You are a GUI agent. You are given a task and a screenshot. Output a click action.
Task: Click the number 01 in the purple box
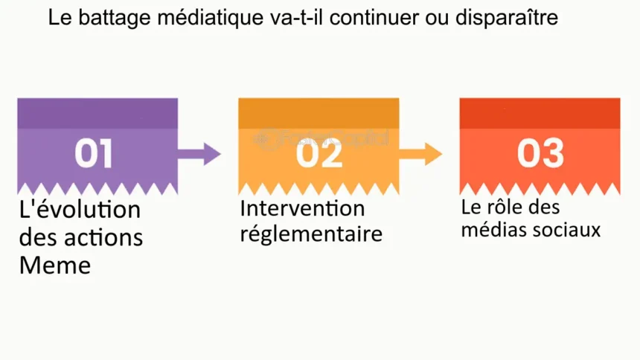click(94, 153)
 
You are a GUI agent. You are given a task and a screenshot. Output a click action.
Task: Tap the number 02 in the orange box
click(319, 153)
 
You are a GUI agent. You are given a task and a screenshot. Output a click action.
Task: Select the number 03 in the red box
click(540, 153)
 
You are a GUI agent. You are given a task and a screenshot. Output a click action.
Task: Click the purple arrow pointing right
click(199, 154)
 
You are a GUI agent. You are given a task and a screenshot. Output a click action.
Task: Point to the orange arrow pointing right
click(420, 154)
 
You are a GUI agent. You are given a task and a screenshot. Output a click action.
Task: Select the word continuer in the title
click(374, 18)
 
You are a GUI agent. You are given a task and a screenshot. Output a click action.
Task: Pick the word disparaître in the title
click(507, 18)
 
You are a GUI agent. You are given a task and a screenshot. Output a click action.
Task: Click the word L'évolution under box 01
click(80, 210)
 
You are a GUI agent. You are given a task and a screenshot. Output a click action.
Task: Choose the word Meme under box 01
click(55, 266)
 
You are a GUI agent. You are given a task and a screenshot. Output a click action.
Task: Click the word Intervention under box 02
click(302, 208)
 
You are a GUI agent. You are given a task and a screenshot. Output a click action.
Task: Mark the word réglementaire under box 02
click(311, 234)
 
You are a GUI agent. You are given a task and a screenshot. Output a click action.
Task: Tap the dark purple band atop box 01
click(97, 114)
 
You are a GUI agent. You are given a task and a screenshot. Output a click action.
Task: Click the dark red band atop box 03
click(540, 114)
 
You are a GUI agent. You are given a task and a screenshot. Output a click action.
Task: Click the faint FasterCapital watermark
click(321, 140)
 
